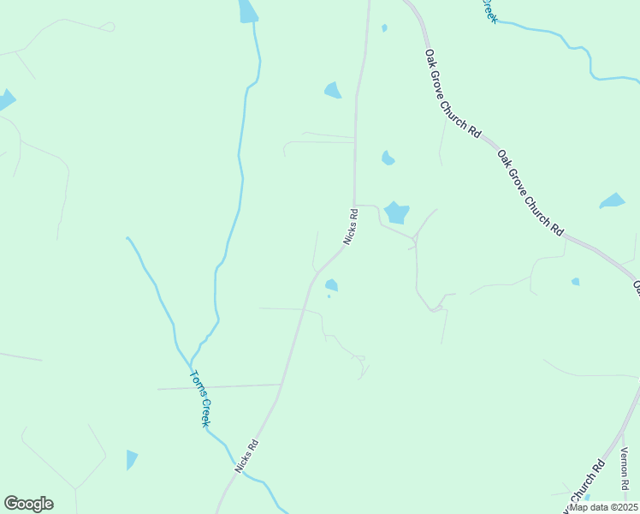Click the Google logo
coord(28,504)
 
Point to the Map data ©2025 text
coord(602,507)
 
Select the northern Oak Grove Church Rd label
coord(453,93)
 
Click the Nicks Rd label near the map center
coord(350,226)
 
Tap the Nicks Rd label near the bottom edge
coord(246,457)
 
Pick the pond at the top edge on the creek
coord(247,11)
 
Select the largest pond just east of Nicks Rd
coord(396,212)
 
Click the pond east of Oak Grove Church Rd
coord(613,201)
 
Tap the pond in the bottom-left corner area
coord(131,459)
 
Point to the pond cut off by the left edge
coord(5,99)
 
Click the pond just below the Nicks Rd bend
coord(331,285)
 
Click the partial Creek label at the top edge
coord(488,10)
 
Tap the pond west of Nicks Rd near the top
coord(333,90)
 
